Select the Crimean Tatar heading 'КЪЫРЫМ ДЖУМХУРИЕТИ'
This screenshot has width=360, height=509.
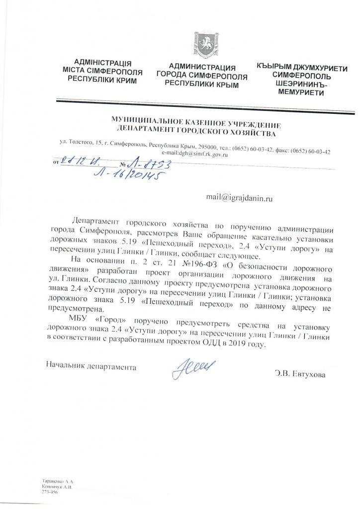click(302, 67)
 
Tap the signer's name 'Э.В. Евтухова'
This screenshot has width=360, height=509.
click(300, 374)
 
